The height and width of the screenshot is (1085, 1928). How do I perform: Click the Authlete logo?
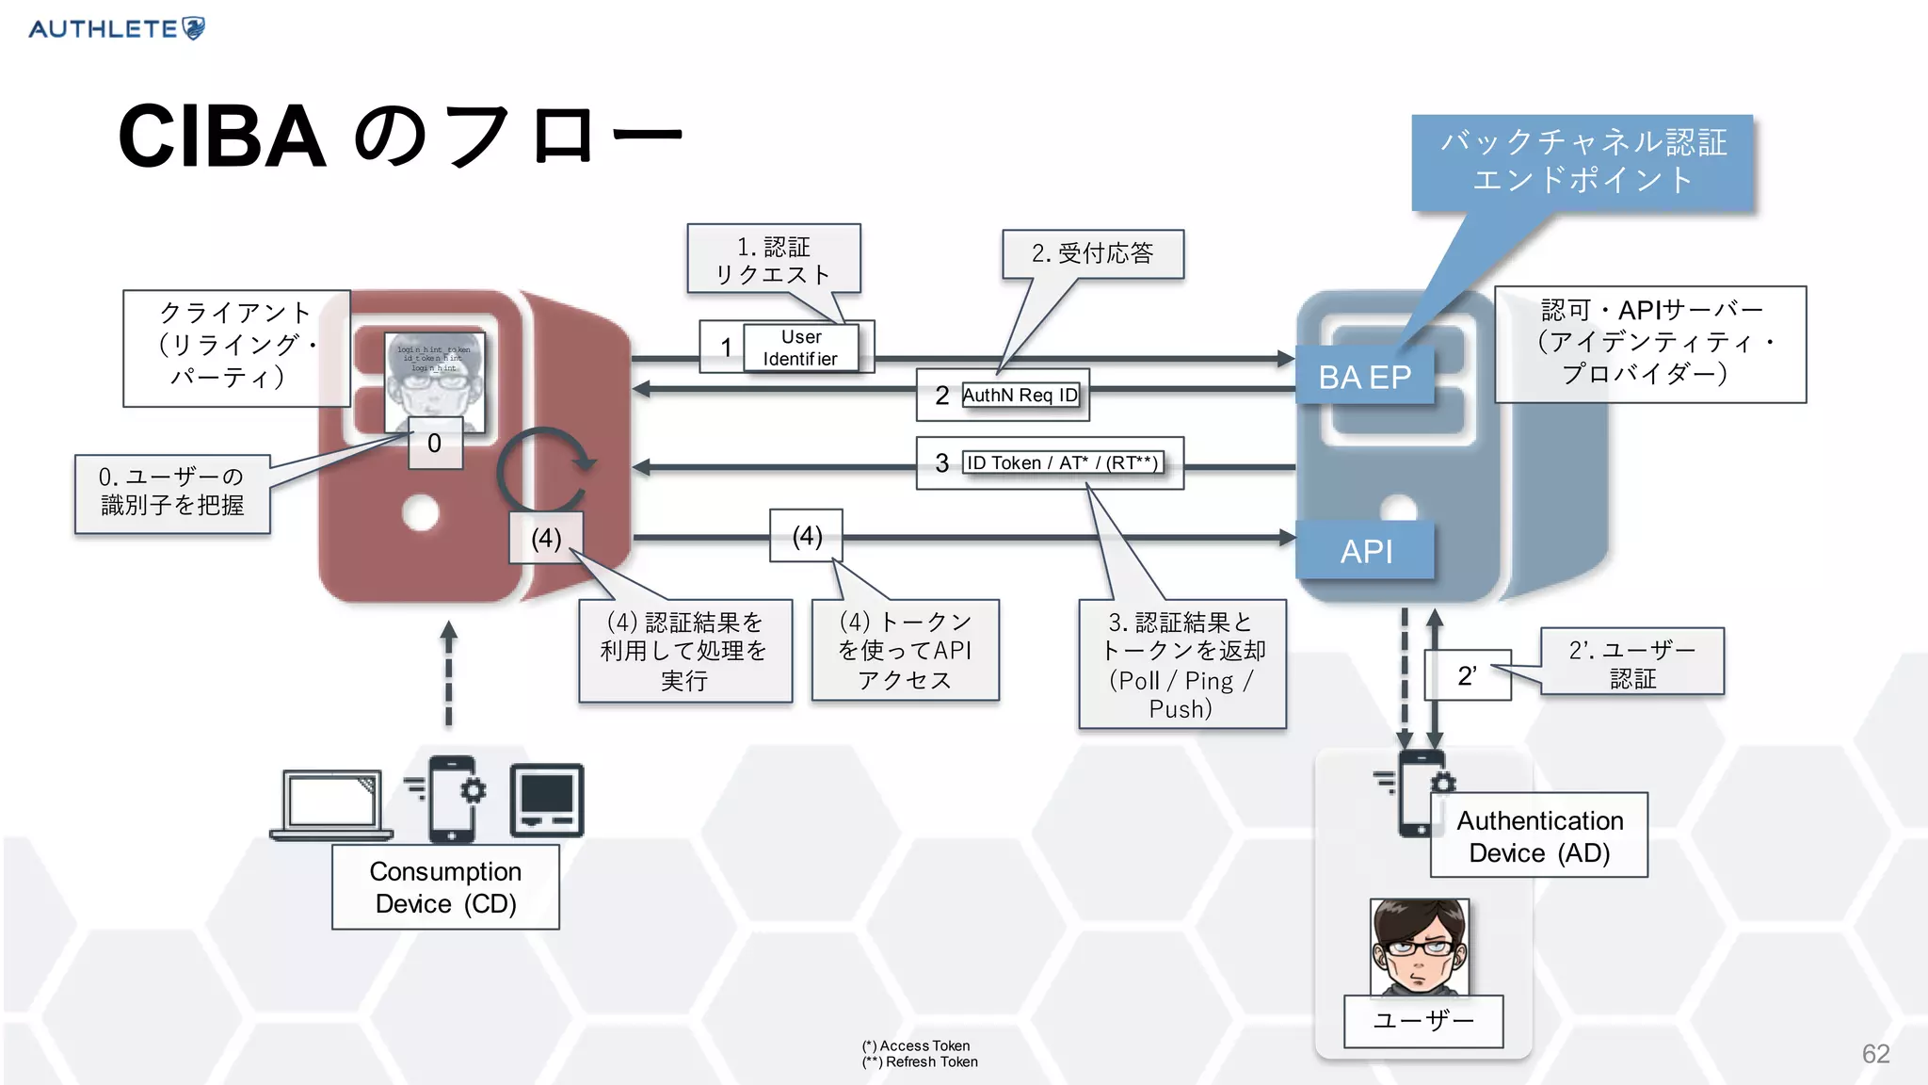(x=117, y=28)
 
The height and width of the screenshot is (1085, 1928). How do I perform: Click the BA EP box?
(x=1364, y=377)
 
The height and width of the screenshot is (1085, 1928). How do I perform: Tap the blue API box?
(x=1365, y=551)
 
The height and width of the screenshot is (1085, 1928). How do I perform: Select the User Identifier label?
(x=800, y=348)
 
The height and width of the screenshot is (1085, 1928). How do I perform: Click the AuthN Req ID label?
(x=1020, y=395)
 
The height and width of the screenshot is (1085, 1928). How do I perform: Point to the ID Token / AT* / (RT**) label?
(x=1062, y=462)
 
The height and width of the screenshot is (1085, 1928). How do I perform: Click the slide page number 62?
(x=1874, y=1053)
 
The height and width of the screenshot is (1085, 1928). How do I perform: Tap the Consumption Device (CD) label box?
(x=445, y=887)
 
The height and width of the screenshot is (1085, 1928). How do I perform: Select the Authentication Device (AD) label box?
(x=1539, y=835)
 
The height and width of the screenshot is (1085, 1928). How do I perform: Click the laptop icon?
(x=331, y=803)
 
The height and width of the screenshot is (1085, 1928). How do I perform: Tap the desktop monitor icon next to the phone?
(x=547, y=801)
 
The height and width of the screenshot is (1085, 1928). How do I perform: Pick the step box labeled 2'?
(x=1467, y=675)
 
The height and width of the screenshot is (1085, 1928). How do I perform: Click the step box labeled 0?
(x=435, y=443)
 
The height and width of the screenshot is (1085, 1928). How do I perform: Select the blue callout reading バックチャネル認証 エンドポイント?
(x=1583, y=162)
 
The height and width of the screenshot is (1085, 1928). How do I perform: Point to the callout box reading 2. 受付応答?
(x=1092, y=253)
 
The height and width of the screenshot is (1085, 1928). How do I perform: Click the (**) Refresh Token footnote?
(x=920, y=1062)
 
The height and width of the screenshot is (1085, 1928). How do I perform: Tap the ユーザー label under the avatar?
(x=1422, y=1021)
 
